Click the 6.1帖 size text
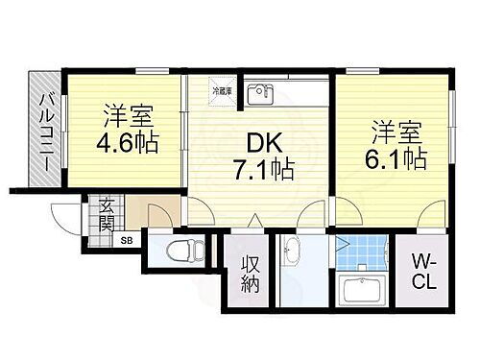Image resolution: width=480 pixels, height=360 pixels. (x=396, y=156)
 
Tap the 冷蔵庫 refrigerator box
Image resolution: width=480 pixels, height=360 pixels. (x=222, y=92)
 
